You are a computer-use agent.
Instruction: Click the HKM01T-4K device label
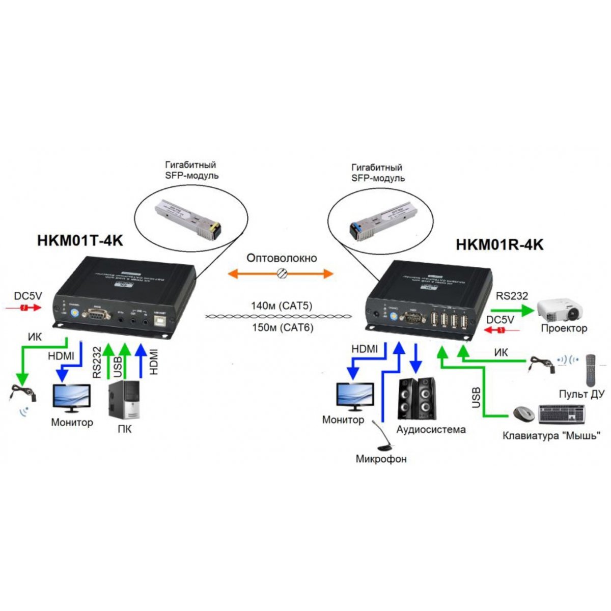[80, 240]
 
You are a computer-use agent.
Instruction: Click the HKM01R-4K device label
[499, 244]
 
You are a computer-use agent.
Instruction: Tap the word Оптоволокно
[282, 258]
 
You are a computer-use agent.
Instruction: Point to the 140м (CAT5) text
[282, 306]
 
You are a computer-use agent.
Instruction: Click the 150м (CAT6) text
[282, 327]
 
